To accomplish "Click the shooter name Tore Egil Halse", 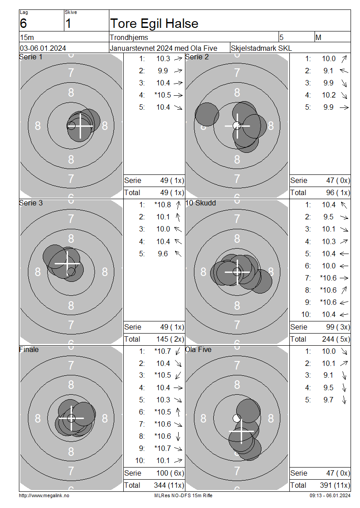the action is [154, 24].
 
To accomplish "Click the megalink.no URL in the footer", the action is [44, 495].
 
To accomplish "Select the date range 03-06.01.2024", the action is [43, 48].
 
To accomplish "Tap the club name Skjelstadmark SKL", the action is [261, 48].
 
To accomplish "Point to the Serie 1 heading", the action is [31, 57].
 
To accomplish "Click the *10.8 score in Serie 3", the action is [163, 205].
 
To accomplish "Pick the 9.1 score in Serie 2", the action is [328, 71].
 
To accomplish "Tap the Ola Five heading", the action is [198, 350].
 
